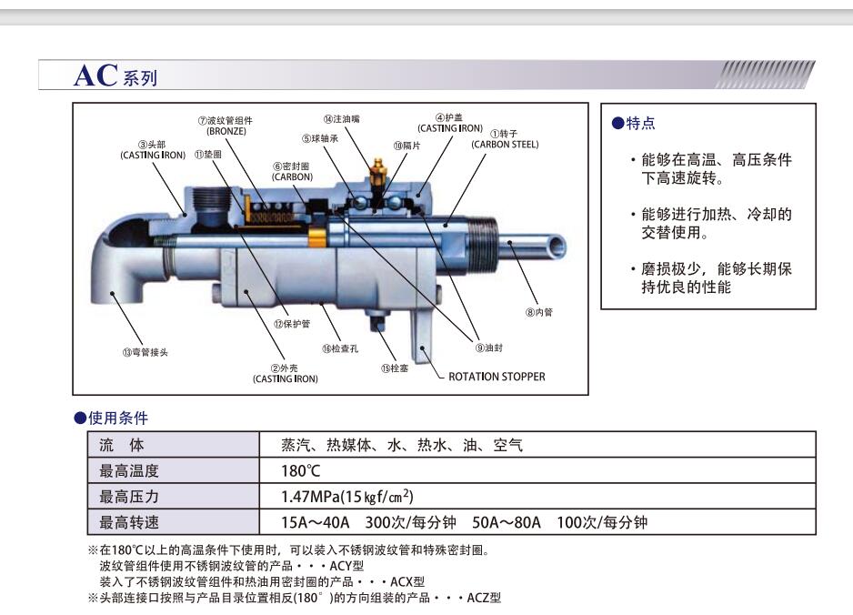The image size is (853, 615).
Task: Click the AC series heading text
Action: click(115, 76)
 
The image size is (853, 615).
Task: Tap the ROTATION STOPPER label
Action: click(497, 377)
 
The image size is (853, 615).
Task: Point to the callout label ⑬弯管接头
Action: click(146, 353)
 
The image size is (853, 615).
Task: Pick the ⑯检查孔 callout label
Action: click(339, 348)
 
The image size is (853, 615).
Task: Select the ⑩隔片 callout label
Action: click(406, 146)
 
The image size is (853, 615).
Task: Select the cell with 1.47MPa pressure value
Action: click(347, 497)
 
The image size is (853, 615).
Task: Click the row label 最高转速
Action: click(128, 522)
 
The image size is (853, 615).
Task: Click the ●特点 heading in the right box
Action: click(633, 124)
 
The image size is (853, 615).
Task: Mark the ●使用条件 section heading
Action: click(111, 418)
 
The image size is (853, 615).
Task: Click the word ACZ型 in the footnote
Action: click(483, 598)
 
